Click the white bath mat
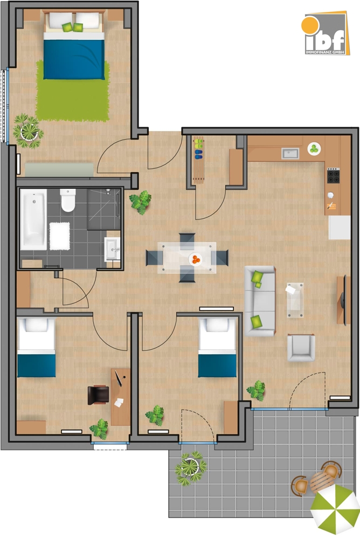60,236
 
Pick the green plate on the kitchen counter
314,148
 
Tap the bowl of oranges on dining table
195,260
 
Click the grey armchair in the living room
300,347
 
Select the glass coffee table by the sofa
295,299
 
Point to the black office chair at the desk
98,394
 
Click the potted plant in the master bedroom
27,130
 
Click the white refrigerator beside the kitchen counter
340,227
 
